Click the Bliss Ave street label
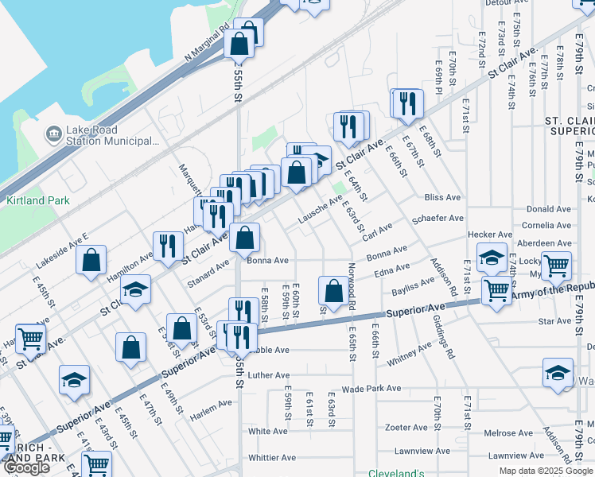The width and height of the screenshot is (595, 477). tap(443, 197)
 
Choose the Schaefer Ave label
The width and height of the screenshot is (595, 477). tap(437, 218)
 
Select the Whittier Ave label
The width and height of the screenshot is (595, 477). tap(272, 458)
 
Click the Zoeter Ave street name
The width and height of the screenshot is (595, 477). tap(401, 427)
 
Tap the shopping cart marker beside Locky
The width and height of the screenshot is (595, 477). tap(556, 264)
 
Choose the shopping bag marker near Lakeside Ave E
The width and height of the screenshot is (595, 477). tap(91, 259)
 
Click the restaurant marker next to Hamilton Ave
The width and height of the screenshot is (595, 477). tap(167, 245)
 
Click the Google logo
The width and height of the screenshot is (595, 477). tap(26, 467)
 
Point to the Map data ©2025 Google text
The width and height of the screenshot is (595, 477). tap(545, 471)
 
